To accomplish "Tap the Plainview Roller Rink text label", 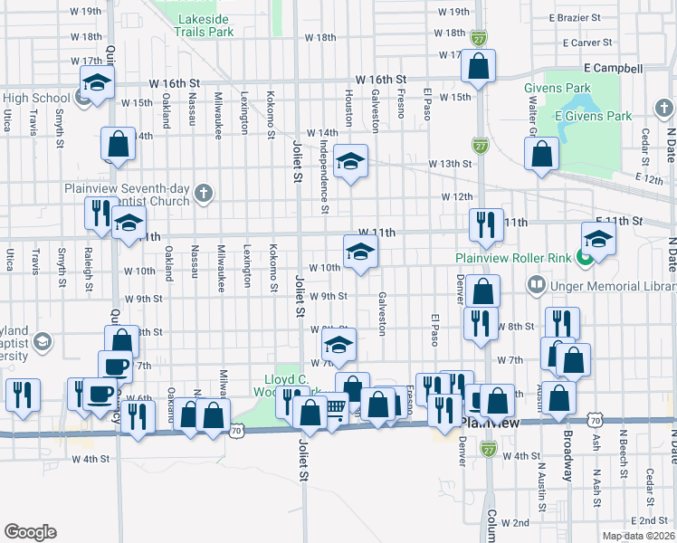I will click(512, 257).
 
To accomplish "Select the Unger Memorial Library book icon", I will click(537, 286).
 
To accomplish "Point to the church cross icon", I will click(205, 193).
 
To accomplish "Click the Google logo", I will click(29, 531).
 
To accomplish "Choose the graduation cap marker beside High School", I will click(95, 84).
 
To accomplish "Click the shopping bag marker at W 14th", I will click(118, 143).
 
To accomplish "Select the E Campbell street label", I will click(613, 68).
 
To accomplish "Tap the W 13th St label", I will click(456, 163).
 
